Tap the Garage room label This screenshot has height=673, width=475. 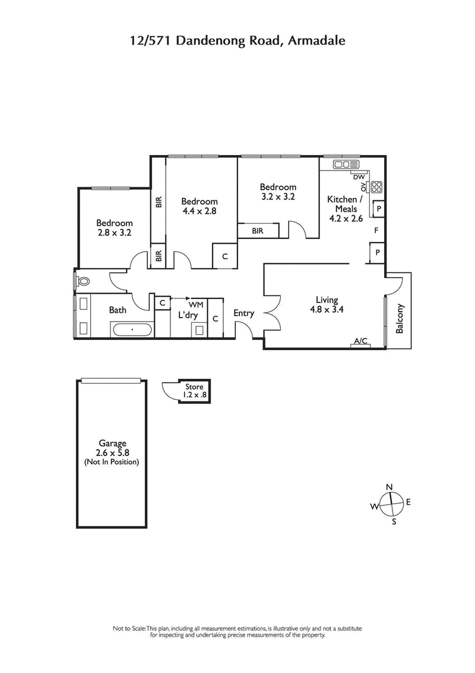[112, 444]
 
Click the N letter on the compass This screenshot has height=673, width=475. [389, 488]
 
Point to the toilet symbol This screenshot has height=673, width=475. [82, 281]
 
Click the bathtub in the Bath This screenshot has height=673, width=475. [132, 328]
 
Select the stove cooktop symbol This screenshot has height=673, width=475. [376, 187]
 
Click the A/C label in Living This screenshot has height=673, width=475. [360, 341]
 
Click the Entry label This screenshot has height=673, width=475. [243, 313]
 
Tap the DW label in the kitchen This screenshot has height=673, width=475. [358, 177]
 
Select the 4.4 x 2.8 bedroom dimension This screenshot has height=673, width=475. [199, 210]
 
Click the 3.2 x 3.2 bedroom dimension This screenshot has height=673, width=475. [278, 196]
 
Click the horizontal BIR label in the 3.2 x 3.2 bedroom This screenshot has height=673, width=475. [258, 230]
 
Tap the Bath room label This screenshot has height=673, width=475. [118, 310]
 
